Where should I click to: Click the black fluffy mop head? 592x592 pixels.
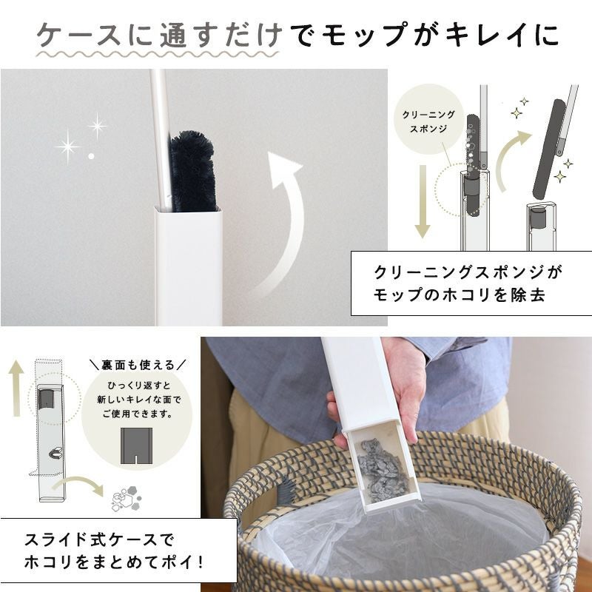(x=193, y=172)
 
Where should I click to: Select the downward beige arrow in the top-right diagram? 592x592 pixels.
(x=423, y=201)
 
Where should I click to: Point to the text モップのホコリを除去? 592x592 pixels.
(x=460, y=295)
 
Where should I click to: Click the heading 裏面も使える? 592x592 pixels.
(x=138, y=365)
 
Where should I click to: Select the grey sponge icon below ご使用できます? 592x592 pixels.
(x=136, y=445)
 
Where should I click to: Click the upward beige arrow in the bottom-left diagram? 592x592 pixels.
(x=16, y=388)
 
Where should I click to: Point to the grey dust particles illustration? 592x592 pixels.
(x=127, y=498)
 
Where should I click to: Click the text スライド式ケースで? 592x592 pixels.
(x=99, y=540)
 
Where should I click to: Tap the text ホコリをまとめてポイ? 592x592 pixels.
(x=114, y=562)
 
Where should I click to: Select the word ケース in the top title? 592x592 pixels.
(x=79, y=35)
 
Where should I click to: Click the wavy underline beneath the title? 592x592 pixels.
(x=158, y=54)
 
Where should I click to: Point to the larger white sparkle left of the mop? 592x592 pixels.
(x=67, y=147)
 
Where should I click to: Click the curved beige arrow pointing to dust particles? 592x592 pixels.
(x=78, y=484)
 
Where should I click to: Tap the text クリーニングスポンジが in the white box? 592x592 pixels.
(x=468, y=272)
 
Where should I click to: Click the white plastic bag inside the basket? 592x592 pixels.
(x=400, y=536)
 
